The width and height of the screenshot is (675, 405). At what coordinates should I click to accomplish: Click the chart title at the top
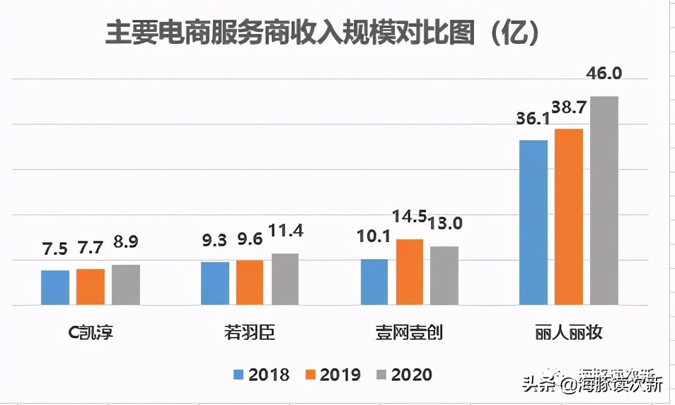pos(323,33)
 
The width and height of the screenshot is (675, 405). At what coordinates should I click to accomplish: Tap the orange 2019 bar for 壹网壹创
pos(410,273)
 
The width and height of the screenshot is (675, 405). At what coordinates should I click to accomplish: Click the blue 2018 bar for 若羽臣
pos(214,284)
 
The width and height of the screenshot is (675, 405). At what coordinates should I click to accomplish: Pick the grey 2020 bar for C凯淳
pos(126,285)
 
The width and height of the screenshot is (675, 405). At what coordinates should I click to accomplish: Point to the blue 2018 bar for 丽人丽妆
pos(533,222)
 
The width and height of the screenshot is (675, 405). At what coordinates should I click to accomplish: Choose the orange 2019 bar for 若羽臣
pos(250,283)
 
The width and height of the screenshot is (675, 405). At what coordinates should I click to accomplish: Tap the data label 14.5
pos(410,217)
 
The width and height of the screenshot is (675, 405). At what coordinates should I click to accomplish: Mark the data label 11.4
pos(284,232)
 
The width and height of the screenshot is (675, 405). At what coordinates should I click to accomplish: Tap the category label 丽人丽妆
pos(568,332)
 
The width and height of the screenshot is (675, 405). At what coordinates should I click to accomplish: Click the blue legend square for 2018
pos(238,375)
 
